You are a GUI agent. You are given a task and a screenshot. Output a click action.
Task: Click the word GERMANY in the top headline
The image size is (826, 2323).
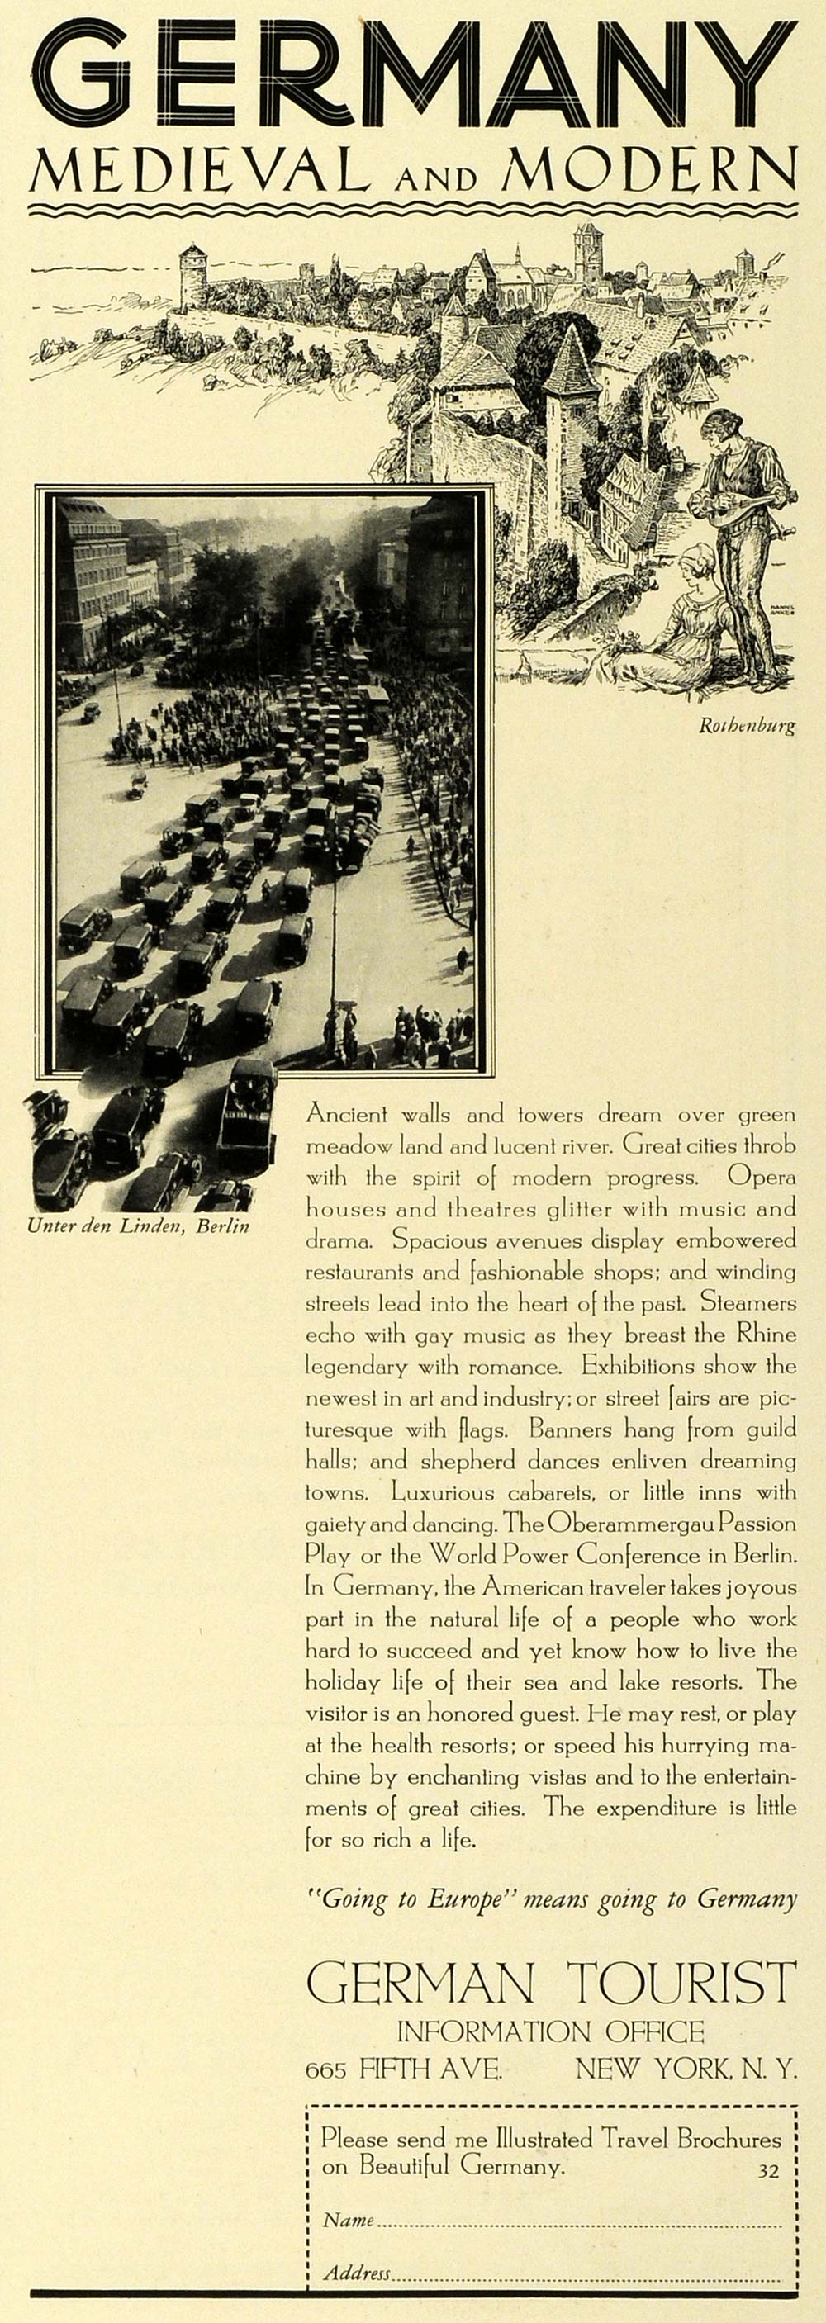tap(413, 79)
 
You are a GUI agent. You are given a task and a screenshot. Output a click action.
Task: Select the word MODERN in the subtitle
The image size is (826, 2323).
tap(649, 171)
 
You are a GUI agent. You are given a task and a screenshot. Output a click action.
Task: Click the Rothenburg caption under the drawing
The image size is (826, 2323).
tap(747, 727)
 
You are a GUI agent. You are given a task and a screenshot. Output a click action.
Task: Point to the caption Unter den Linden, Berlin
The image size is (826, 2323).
tap(138, 1226)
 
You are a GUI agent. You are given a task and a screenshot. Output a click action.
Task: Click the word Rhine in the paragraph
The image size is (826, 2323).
tap(767, 1335)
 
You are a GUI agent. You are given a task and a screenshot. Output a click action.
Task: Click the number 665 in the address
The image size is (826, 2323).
tap(326, 2069)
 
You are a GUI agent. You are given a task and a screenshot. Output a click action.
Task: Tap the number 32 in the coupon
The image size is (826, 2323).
tap(767, 2173)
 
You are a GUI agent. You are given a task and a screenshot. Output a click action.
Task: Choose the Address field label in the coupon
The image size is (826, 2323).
tap(357, 2273)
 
